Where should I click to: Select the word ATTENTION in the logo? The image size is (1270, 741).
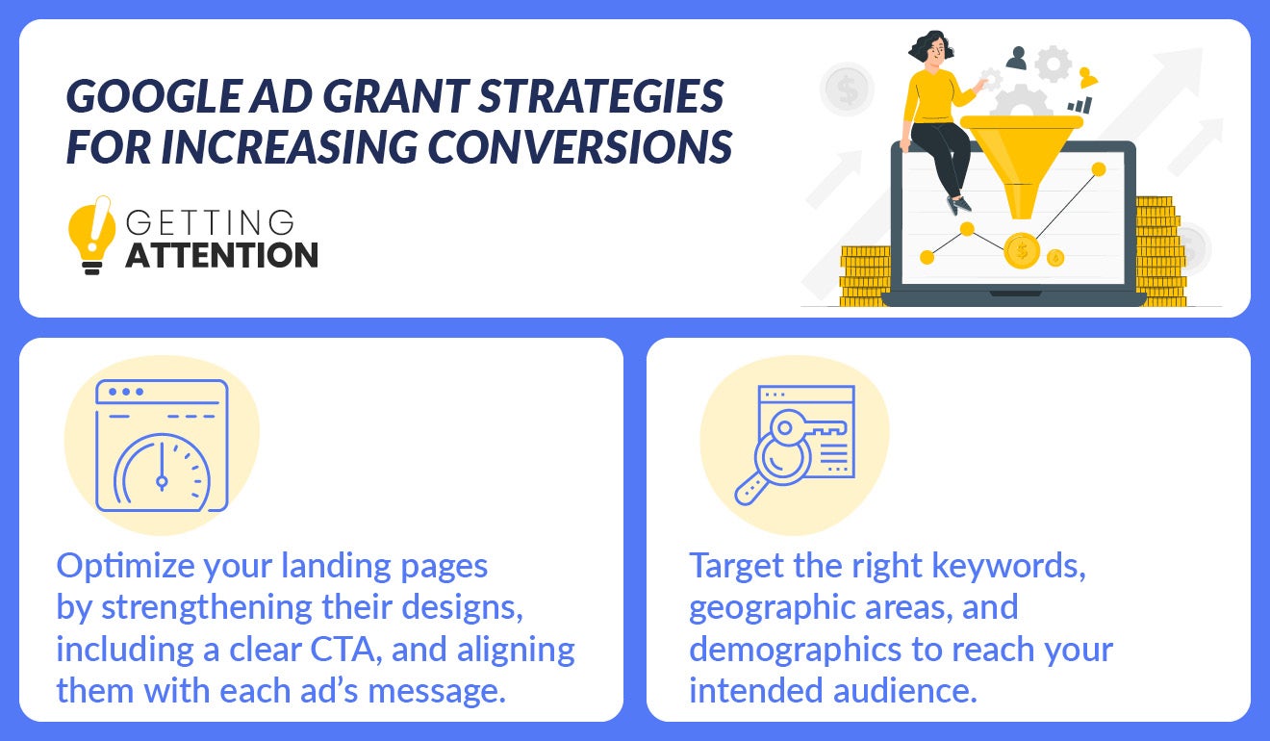coord(221,255)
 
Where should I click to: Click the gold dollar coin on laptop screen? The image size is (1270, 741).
coord(1021,252)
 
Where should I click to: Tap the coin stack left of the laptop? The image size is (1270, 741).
coord(867,274)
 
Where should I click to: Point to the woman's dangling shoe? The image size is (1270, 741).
coord(954,205)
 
